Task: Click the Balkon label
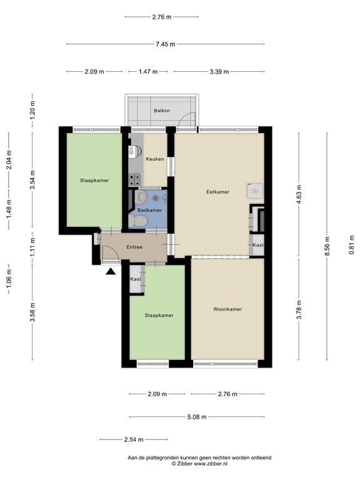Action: click(x=161, y=111)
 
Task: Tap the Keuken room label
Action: click(x=154, y=159)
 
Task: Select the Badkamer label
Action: click(x=149, y=211)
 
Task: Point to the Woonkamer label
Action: click(x=227, y=309)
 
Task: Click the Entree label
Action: click(x=134, y=247)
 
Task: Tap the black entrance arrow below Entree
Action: click(x=111, y=271)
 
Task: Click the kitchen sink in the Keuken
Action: click(x=132, y=151)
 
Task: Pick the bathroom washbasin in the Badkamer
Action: click(x=141, y=197)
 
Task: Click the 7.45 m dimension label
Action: click(x=166, y=44)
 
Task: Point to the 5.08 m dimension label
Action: click(x=196, y=417)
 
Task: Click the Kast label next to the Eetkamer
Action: click(x=258, y=246)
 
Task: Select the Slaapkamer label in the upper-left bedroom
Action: click(x=94, y=181)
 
